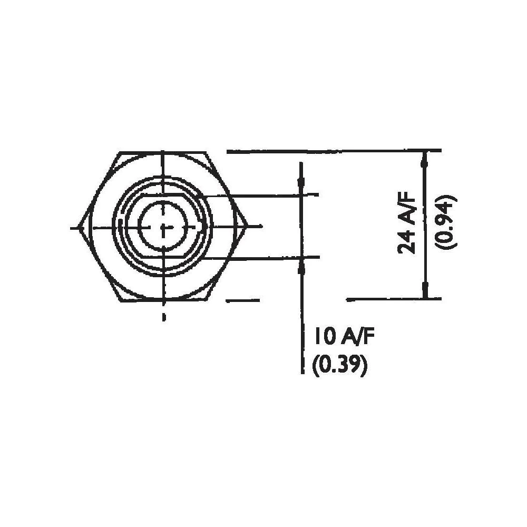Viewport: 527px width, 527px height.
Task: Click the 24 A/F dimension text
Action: coord(407,223)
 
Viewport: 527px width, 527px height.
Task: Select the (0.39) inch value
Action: coord(339,365)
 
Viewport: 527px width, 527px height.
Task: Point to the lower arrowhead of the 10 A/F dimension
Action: coord(301,266)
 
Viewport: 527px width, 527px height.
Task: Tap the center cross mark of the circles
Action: coord(163,227)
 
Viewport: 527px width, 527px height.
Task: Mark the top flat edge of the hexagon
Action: coord(163,153)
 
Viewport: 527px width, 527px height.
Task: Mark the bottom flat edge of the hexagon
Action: coord(163,301)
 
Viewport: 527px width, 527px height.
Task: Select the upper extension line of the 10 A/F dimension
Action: coord(263,196)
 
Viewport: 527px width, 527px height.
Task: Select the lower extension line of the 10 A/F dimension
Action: coord(263,257)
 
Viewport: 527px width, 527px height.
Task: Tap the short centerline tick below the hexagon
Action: coord(163,317)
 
